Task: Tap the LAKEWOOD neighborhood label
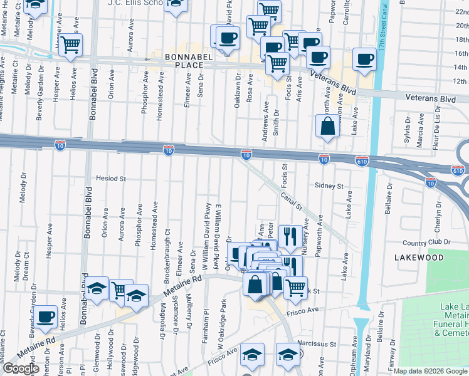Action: coord(419,258)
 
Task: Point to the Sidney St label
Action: coord(329,186)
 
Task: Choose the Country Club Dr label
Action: coord(426,243)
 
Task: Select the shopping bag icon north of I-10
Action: coord(327,127)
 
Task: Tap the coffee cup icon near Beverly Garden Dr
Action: coord(46,318)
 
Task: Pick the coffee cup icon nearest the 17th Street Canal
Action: coord(364,60)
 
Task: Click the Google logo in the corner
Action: coord(21,368)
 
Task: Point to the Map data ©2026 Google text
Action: coord(429,371)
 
